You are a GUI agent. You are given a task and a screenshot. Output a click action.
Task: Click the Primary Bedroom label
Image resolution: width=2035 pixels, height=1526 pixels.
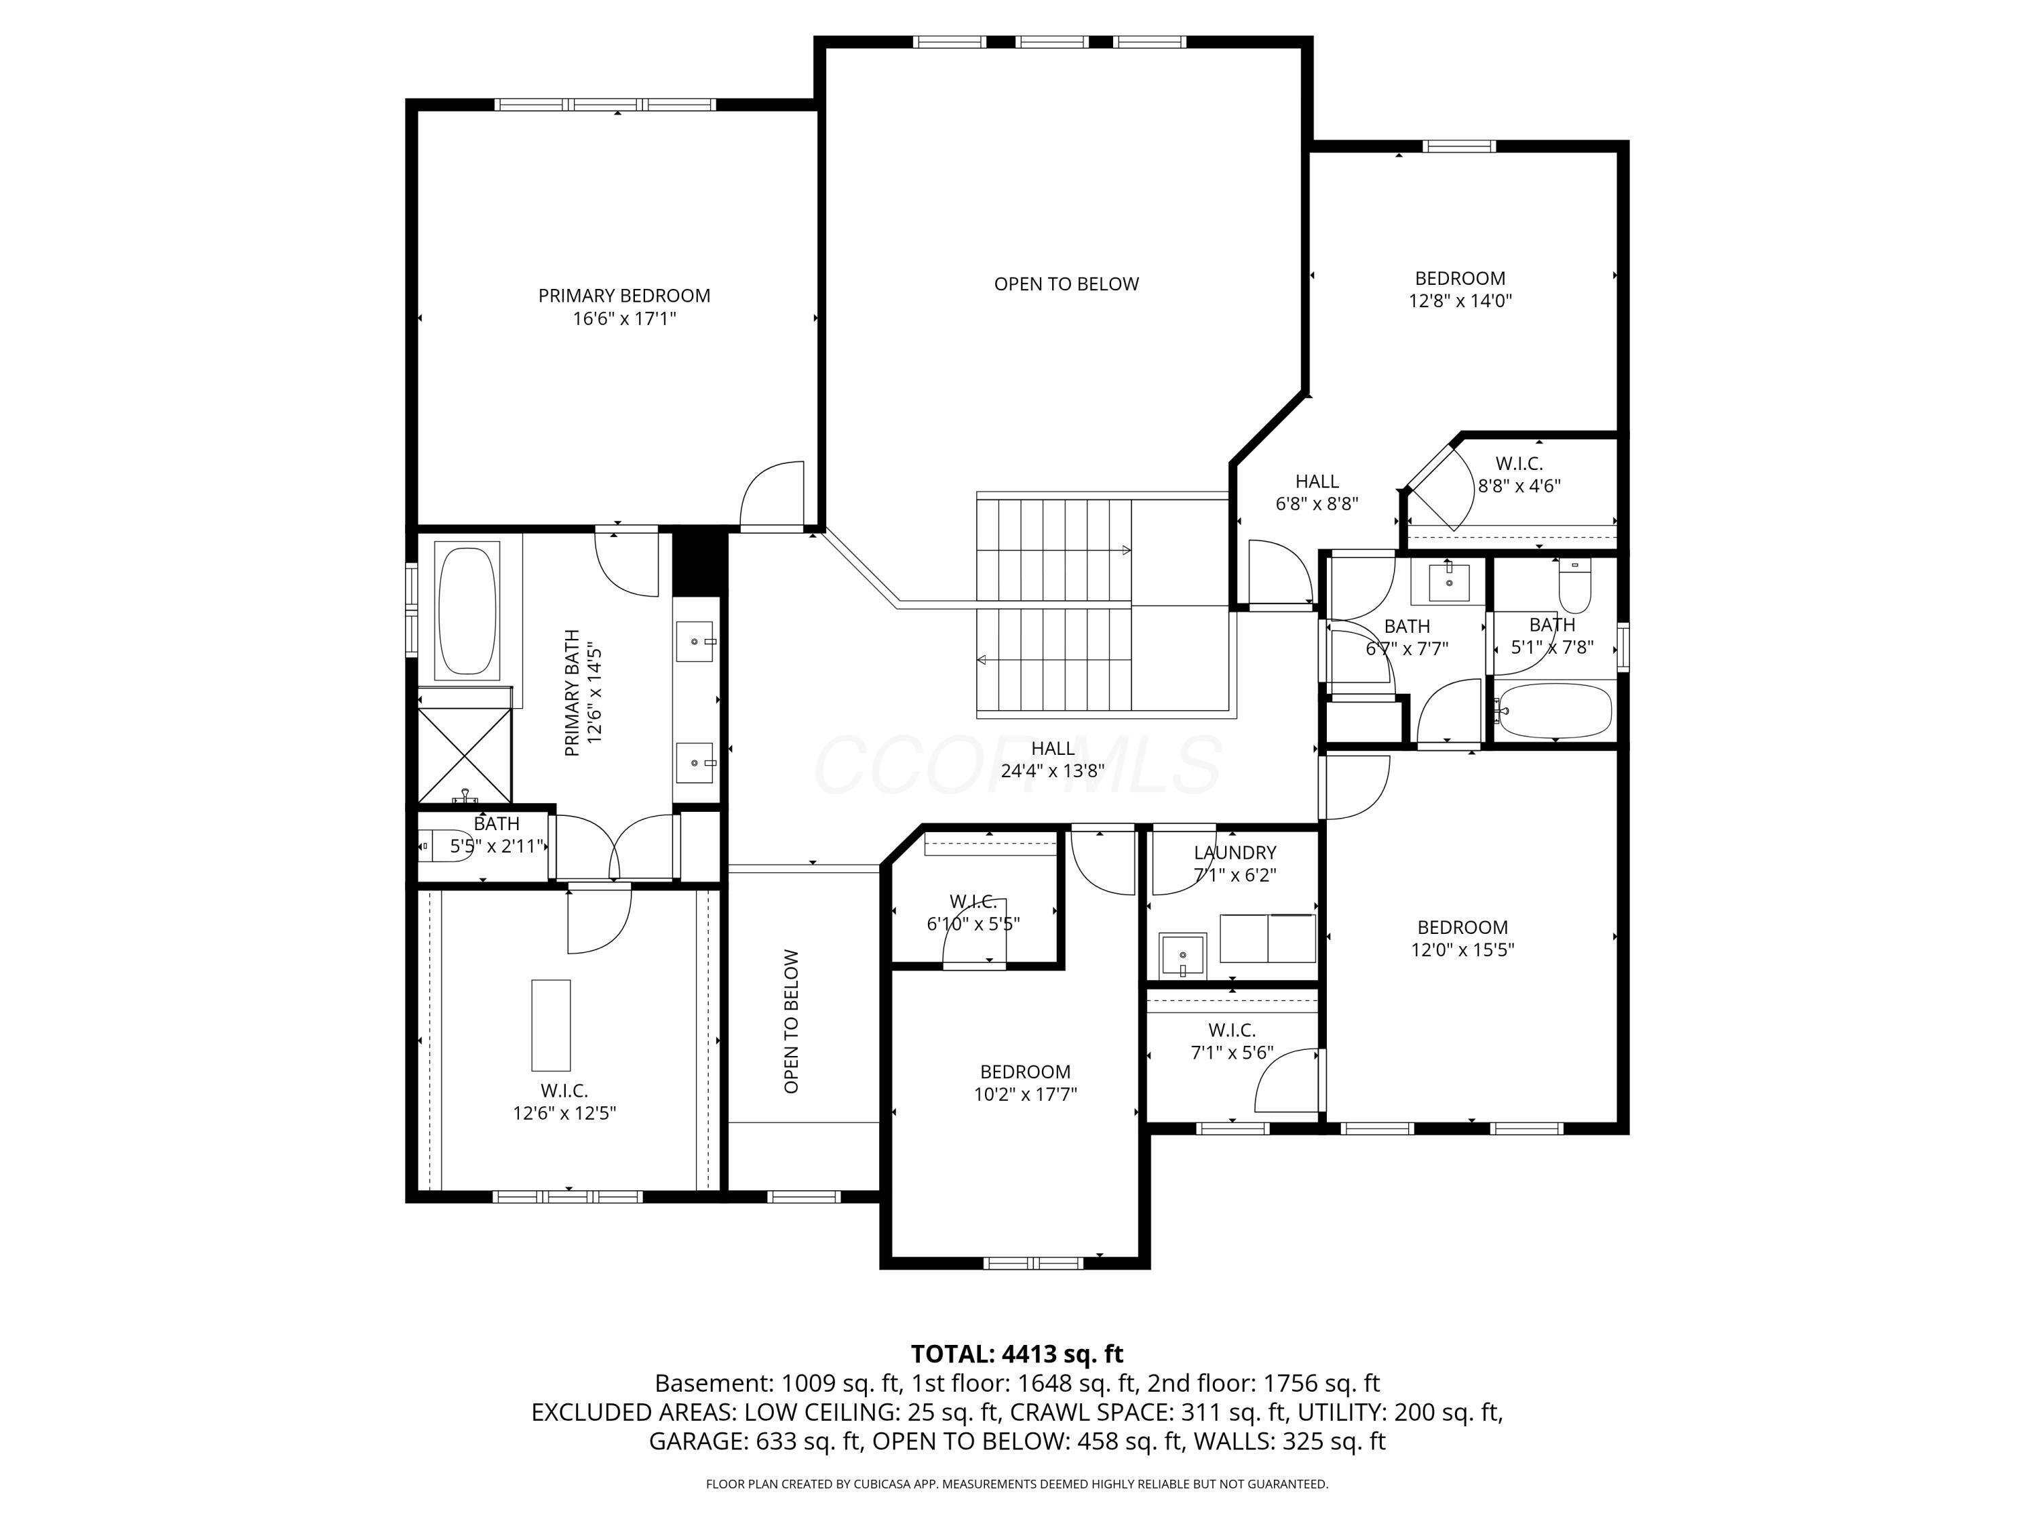pyautogui.click(x=624, y=295)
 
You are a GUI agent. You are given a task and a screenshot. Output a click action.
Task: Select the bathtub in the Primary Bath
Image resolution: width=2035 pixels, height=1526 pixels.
pyautogui.click(x=467, y=612)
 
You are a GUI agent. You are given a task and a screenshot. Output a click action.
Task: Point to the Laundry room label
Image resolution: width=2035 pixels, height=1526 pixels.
pyautogui.click(x=1235, y=853)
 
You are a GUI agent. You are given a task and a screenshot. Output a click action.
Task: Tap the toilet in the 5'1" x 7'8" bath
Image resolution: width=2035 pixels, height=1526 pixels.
pyautogui.click(x=1575, y=586)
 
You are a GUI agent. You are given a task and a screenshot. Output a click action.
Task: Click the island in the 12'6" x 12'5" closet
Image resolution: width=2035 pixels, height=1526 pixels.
pyautogui.click(x=550, y=1025)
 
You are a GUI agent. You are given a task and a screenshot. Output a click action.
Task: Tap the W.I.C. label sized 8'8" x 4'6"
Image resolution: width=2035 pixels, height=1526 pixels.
pyautogui.click(x=1519, y=464)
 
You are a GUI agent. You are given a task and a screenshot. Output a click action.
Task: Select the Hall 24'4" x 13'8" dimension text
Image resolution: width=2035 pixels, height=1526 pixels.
pyautogui.click(x=1053, y=771)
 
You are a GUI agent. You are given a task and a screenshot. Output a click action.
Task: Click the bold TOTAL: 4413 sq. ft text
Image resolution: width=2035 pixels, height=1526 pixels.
pyautogui.click(x=1017, y=1354)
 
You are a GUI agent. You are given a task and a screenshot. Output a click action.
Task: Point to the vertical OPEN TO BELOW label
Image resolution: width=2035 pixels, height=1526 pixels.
pyautogui.click(x=791, y=1021)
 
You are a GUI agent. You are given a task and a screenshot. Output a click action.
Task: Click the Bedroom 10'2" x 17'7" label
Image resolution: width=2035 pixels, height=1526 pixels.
pyautogui.click(x=1025, y=1072)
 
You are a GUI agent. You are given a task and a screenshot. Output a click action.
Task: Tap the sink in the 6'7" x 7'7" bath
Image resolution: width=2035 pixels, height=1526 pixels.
pyautogui.click(x=1449, y=582)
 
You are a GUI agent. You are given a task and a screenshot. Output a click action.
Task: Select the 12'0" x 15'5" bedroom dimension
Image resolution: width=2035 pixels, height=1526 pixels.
pyautogui.click(x=1462, y=950)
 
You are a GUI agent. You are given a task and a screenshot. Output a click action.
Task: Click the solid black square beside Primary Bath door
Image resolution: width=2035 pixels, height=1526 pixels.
pyautogui.click(x=699, y=563)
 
